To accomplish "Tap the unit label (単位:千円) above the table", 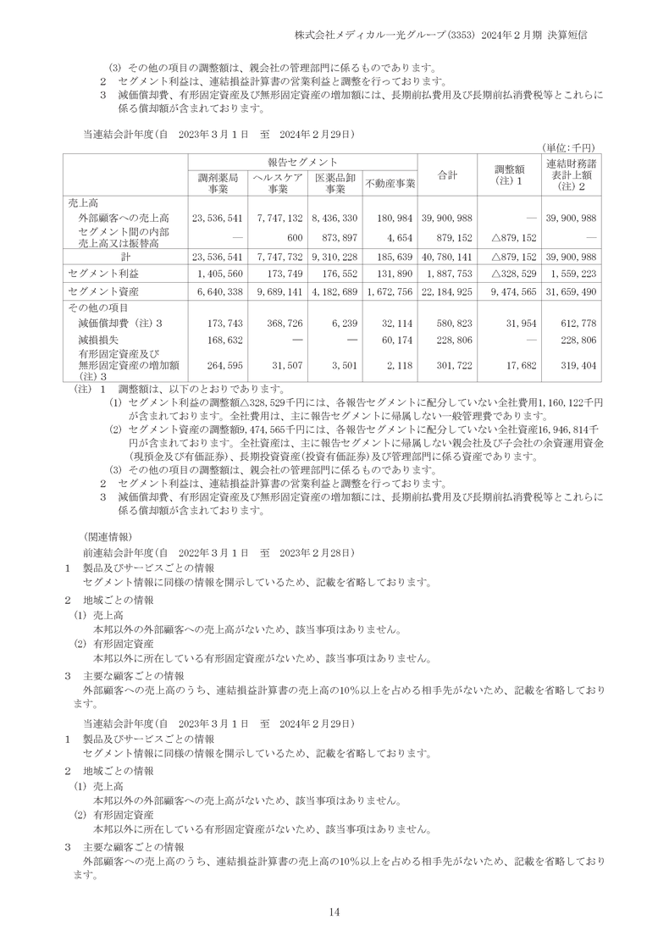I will tap(574, 147).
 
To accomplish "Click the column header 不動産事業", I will tap(390, 183).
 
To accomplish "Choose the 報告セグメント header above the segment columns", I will tap(302, 161).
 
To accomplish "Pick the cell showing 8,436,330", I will tap(336, 218).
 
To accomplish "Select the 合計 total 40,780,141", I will tap(445, 256).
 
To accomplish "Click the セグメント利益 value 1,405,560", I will tap(219, 274).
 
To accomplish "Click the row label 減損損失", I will tap(96, 339).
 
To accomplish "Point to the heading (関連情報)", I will tap(107, 536).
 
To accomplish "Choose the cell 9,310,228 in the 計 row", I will tap(336, 256).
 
